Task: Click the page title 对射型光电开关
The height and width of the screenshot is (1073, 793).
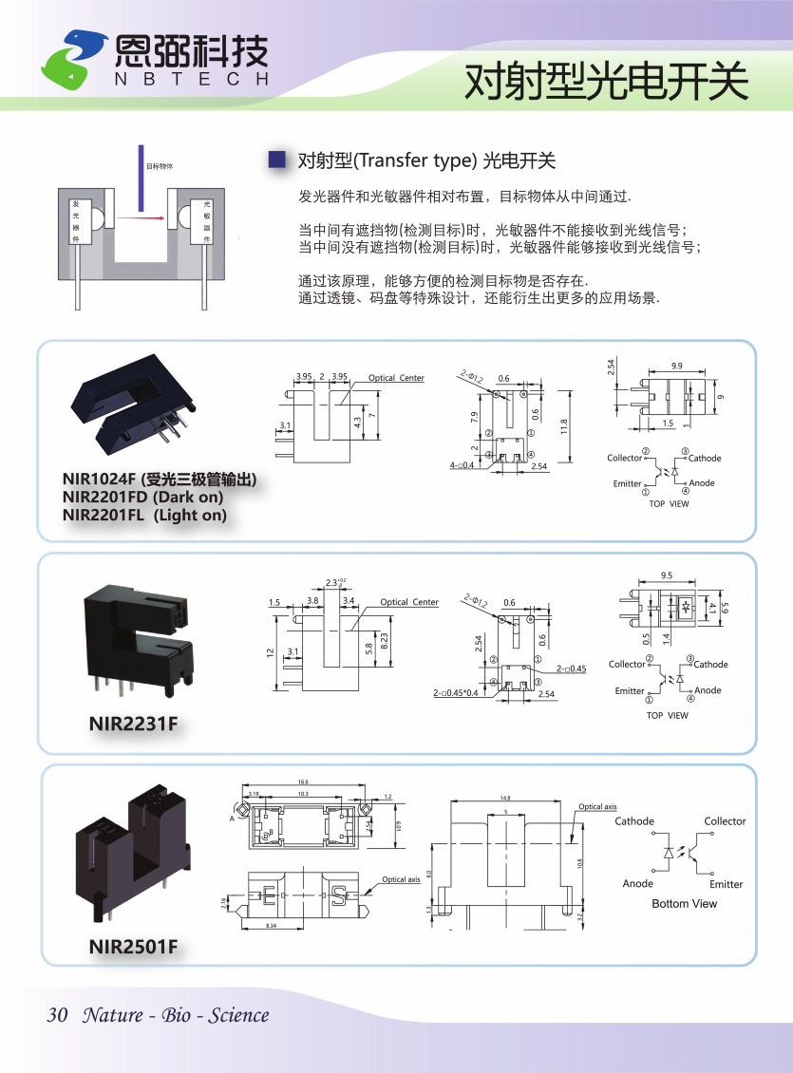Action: click(x=606, y=83)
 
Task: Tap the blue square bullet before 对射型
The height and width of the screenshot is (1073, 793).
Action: click(x=277, y=160)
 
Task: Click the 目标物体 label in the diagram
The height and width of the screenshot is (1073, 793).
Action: click(x=160, y=166)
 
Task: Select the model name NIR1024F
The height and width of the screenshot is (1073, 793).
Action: click(x=100, y=479)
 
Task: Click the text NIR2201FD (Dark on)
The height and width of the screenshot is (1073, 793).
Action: click(x=143, y=497)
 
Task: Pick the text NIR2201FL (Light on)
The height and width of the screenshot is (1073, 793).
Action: click(x=144, y=515)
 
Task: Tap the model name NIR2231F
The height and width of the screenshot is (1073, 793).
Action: click(x=134, y=725)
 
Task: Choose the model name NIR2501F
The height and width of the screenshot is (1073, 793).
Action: click(x=134, y=947)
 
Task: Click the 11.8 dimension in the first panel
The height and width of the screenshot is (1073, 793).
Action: click(x=564, y=423)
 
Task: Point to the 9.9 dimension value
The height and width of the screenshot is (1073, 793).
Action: click(x=676, y=366)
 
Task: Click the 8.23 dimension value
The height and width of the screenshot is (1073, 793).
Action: click(x=385, y=641)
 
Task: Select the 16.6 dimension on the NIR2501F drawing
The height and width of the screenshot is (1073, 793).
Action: click(x=303, y=783)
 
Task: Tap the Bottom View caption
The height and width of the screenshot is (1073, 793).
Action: click(x=684, y=904)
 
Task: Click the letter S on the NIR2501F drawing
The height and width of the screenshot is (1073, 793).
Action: click(x=337, y=894)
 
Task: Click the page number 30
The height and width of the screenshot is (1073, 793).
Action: click(x=57, y=1015)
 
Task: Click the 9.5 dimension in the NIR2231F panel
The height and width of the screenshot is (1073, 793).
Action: click(x=667, y=575)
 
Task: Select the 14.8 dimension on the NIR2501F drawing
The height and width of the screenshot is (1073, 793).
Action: click(x=505, y=799)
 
